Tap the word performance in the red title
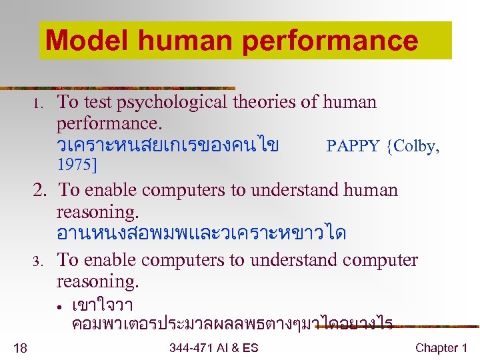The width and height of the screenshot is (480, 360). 330,41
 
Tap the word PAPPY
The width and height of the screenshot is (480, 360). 353,147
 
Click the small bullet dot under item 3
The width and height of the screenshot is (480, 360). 60,308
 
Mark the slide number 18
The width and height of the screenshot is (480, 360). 20,347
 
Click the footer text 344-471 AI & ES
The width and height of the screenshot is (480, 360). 213,347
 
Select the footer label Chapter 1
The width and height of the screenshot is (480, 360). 441,347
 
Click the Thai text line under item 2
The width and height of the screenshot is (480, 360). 201,234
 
